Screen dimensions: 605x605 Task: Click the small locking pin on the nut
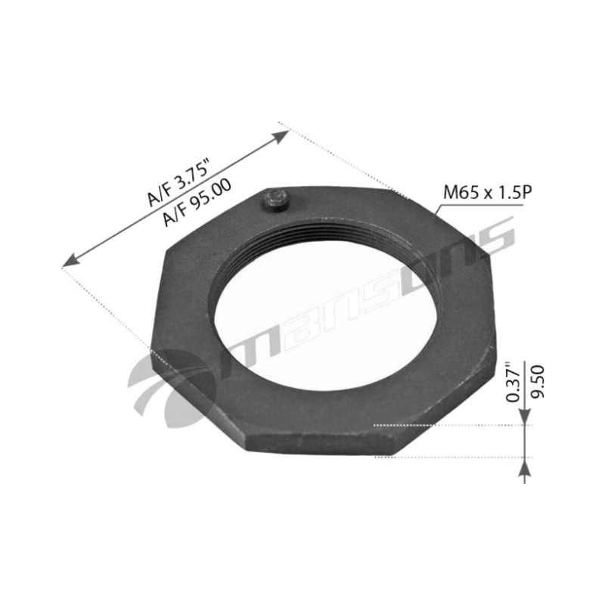coord(274,200)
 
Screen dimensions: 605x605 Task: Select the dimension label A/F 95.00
coord(197,202)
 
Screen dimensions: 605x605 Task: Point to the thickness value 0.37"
coord(513,382)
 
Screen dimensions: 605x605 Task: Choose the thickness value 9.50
coord(537,381)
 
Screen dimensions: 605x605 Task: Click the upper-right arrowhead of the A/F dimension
coord(281,136)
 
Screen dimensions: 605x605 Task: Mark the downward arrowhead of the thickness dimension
coord(524,417)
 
